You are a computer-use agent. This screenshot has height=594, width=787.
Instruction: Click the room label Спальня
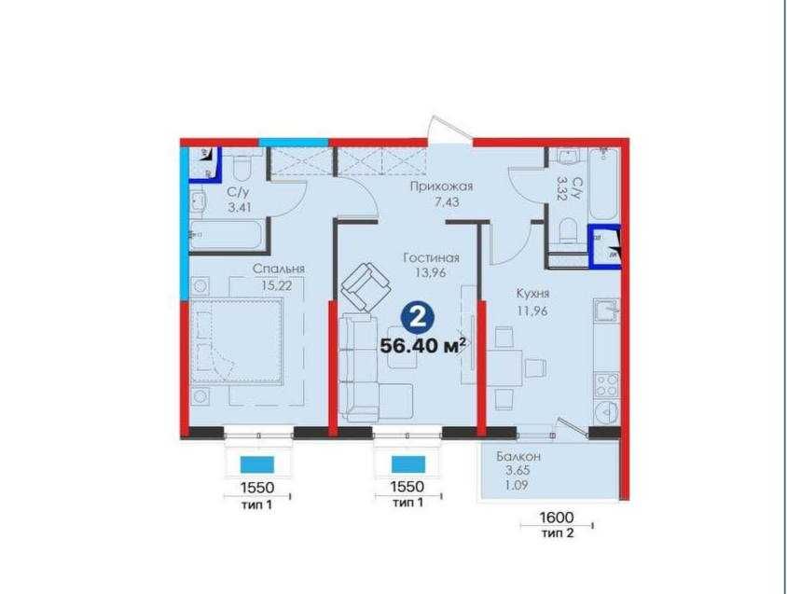tap(278, 269)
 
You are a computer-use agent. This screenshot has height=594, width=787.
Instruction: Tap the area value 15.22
tap(277, 285)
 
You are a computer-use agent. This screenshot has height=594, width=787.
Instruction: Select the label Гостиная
tap(431, 258)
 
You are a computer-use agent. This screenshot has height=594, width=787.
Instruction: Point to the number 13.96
tap(431, 272)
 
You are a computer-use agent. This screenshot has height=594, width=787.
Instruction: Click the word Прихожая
tap(441, 186)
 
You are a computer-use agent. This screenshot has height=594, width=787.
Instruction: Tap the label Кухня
tap(533, 293)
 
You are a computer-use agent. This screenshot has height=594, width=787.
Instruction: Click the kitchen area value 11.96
tap(532, 311)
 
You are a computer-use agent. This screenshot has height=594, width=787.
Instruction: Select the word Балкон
tap(518, 457)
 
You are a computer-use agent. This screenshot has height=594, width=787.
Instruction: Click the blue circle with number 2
tap(417, 318)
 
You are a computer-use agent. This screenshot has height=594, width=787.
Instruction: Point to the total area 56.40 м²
tap(423, 346)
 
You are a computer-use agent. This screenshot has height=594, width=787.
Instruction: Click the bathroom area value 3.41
tap(240, 207)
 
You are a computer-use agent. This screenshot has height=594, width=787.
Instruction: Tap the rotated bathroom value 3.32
tap(562, 188)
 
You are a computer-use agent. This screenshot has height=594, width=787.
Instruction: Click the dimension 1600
tap(556, 517)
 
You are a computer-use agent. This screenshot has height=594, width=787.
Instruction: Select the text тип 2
tap(557, 533)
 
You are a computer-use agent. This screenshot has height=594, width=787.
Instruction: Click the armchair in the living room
tap(366, 285)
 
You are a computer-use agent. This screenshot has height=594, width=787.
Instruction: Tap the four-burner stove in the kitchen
tap(606, 384)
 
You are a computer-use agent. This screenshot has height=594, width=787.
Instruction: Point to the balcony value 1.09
tap(517, 485)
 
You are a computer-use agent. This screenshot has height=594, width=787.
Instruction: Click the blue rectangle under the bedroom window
tap(257, 464)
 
